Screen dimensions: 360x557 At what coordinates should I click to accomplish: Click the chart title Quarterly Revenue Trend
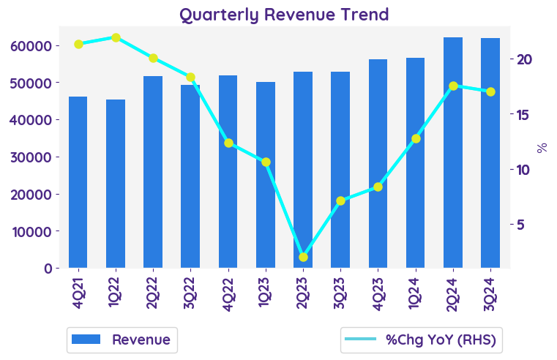pos(284,15)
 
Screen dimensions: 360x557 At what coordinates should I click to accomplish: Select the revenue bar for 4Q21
pos(78,182)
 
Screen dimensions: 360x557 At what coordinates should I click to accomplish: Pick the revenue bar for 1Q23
pos(266,175)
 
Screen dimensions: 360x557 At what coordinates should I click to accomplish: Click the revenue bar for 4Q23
pos(378,164)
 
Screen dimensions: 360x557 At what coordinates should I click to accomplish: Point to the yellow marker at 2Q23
pos(303,257)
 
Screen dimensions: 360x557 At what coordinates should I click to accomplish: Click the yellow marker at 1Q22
pos(116,37)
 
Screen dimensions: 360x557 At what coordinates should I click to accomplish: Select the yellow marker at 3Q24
pos(490,91)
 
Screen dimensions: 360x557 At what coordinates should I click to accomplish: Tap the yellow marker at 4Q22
pos(228,143)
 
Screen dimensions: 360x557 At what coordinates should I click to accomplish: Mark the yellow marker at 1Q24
pos(416,138)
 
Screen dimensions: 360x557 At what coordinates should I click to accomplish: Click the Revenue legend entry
pos(122,340)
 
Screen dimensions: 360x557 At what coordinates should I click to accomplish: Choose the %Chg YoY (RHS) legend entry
pos(422,340)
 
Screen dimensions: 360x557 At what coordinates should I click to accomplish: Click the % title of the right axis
pos(542,147)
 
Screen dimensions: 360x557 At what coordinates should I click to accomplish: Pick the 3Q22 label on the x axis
pos(191,293)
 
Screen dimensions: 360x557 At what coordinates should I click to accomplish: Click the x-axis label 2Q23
pos(303,293)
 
